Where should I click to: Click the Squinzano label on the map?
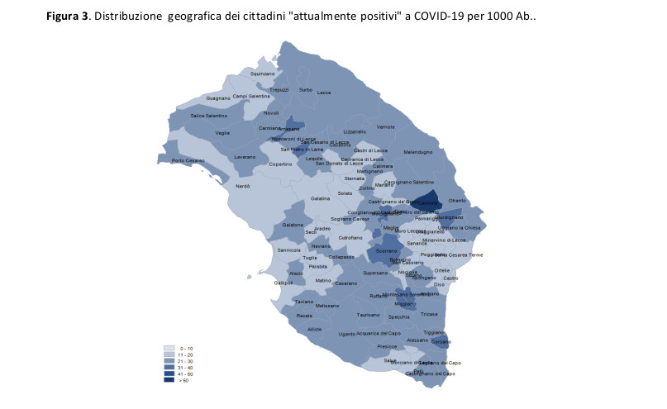262,74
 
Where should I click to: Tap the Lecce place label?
323,92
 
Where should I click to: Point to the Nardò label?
243,186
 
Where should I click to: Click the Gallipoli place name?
283,283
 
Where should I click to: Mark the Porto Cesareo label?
188,160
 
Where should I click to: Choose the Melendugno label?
417,152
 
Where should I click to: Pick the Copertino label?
280,164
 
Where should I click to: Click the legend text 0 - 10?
187,349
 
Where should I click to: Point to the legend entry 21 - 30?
187,361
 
